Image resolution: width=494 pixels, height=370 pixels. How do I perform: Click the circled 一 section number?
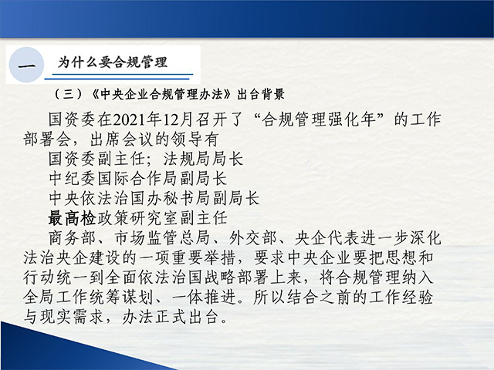(26, 66)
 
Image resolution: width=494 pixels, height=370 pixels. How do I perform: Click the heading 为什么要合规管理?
(112, 62)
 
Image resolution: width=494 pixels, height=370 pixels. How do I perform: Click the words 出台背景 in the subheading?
(261, 94)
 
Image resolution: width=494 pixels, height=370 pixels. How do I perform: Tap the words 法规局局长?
(203, 159)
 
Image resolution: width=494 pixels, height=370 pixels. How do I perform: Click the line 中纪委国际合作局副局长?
(138, 178)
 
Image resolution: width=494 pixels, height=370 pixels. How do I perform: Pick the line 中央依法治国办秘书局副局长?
(154, 198)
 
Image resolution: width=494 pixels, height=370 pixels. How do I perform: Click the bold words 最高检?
(72, 218)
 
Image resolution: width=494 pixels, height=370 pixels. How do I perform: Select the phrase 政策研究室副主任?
(162, 218)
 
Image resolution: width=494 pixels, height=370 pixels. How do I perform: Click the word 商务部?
(72, 238)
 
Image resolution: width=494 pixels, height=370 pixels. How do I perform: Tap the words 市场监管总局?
(162, 238)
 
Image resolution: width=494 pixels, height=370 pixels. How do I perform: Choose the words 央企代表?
(327, 238)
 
